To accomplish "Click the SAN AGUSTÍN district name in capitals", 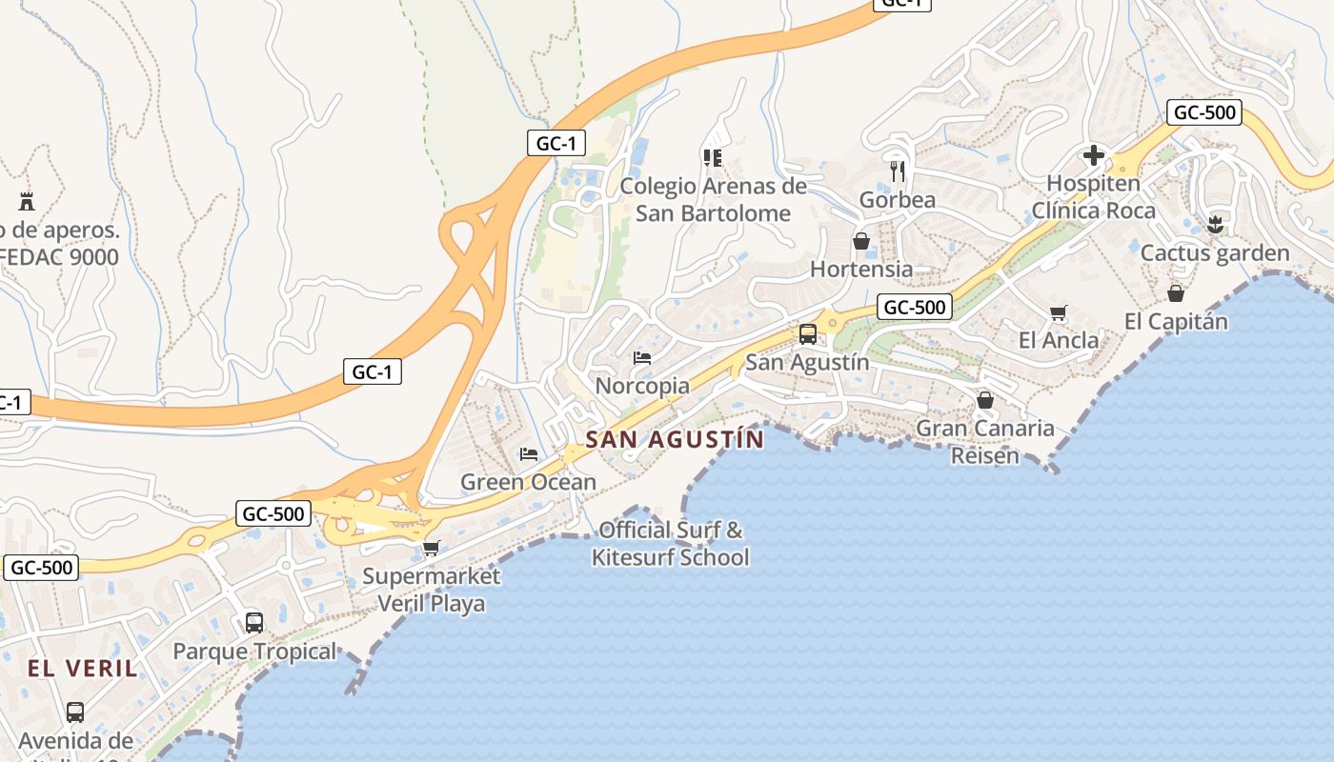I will tap(675, 439).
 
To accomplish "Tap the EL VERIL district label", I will tap(83, 668).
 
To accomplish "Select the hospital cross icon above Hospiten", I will tap(1093, 154).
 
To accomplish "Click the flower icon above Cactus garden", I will tap(1214, 225).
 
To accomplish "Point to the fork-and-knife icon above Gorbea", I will tap(897, 171).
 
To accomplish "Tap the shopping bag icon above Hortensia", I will tap(861, 241).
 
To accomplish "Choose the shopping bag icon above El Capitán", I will tap(1176, 293).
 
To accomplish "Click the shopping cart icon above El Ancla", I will tap(1058, 312).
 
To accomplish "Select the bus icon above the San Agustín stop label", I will tap(807, 334).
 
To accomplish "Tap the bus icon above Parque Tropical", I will tap(254, 623).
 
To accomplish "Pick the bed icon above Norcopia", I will tap(642, 358).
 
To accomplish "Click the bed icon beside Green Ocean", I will tap(529, 454).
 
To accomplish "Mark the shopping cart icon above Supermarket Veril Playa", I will tap(431, 548).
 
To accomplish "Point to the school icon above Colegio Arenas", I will tap(713, 157).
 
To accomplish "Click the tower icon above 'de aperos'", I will tap(26, 202).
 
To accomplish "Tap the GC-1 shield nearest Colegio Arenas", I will tap(556, 144).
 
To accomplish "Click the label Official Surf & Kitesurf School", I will tap(671, 543).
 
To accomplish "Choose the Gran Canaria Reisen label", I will tap(985, 441).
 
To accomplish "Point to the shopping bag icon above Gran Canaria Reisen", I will tap(985, 400).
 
